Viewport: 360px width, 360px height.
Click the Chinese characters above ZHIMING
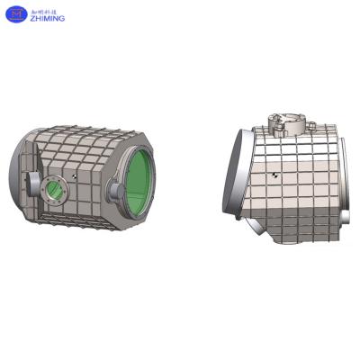pos(44,6)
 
